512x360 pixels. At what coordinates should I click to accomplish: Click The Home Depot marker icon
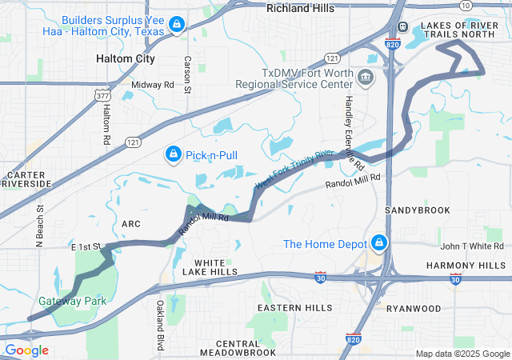pyautogui.click(x=378, y=243)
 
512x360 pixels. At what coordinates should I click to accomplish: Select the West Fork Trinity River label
pyautogui.click(x=294, y=169)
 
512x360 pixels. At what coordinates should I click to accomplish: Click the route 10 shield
pyautogui.click(x=466, y=5)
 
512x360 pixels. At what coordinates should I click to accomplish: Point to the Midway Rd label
pyautogui.click(x=152, y=84)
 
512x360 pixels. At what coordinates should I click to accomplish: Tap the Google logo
pyautogui.click(x=26, y=350)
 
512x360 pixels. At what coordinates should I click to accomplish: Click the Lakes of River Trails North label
pyautogui.click(x=463, y=30)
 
